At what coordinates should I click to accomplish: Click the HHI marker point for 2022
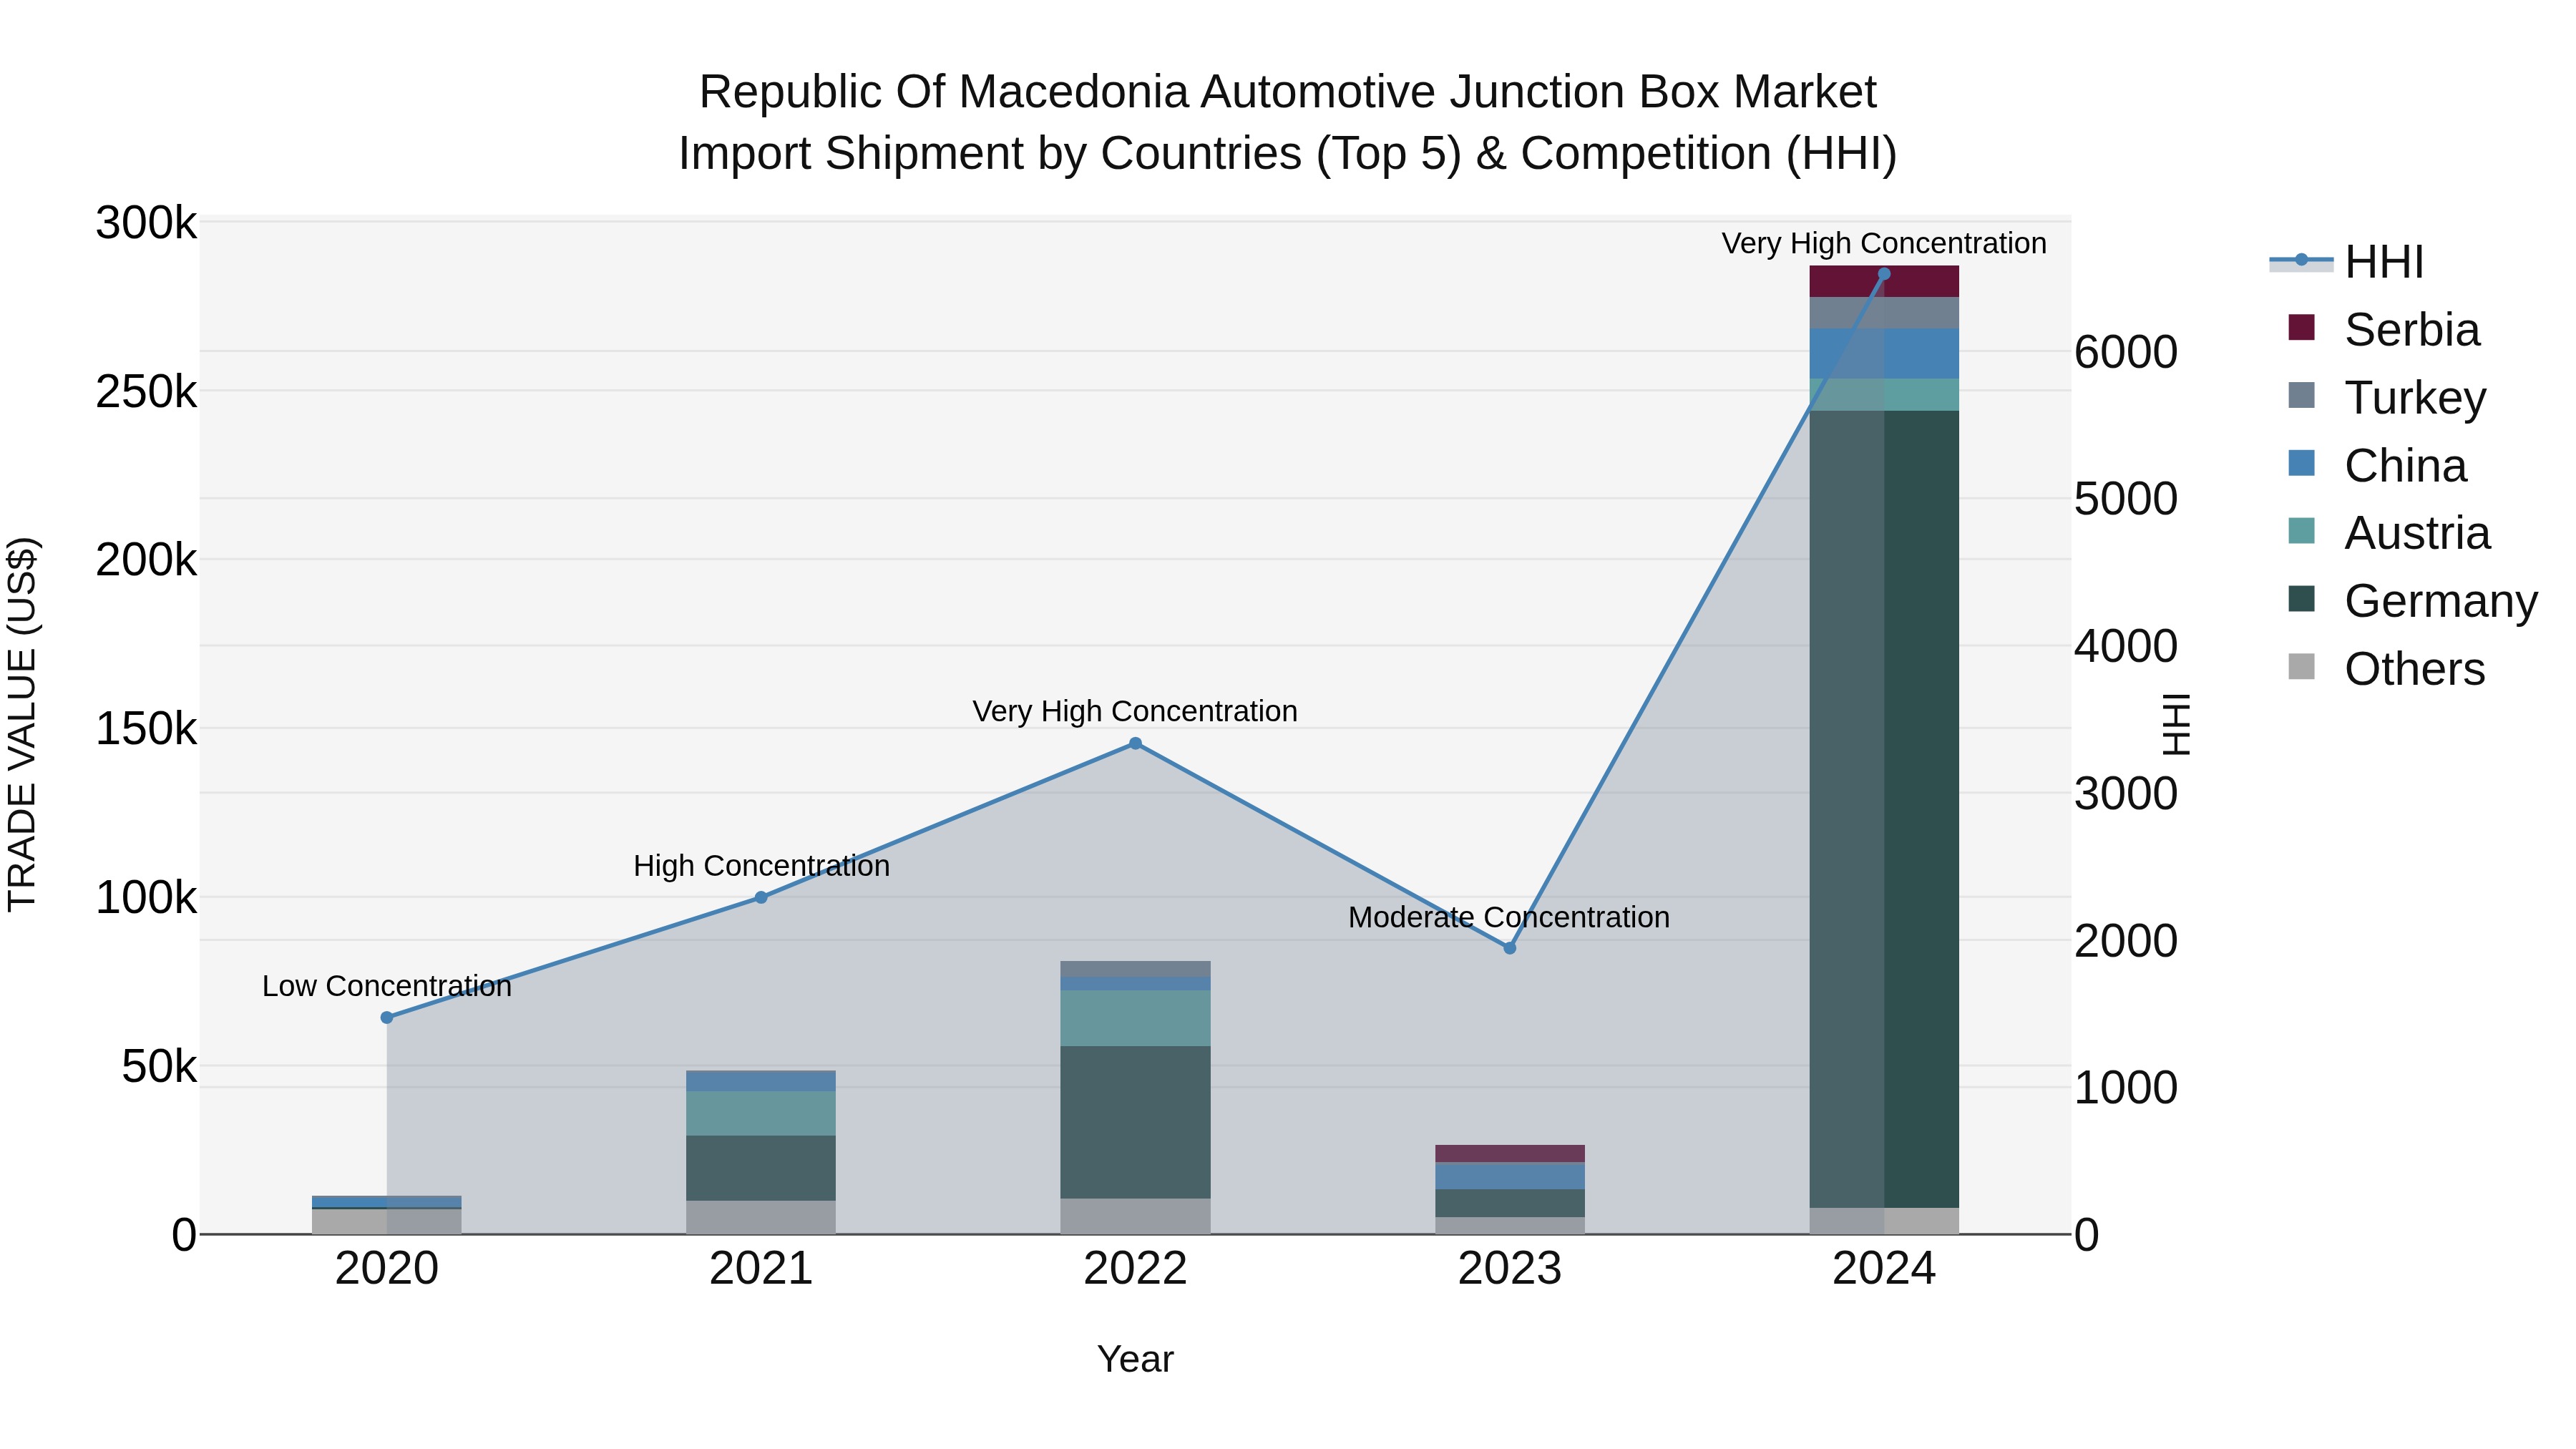[1135, 743]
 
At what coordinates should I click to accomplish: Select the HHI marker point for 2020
[387, 1017]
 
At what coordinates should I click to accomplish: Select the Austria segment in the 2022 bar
[1135, 1018]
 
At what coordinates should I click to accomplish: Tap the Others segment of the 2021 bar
[761, 1217]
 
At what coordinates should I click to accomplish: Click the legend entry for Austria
[2416, 533]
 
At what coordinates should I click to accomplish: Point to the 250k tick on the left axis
[146, 392]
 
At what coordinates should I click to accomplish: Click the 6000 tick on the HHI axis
[2125, 352]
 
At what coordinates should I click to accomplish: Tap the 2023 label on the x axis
[1509, 1269]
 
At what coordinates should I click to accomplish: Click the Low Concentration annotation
[387, 986]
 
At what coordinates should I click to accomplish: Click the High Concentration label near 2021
[761, 866]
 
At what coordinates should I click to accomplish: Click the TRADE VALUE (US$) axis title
[22, 724]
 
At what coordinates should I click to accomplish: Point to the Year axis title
[1135, 1359]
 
